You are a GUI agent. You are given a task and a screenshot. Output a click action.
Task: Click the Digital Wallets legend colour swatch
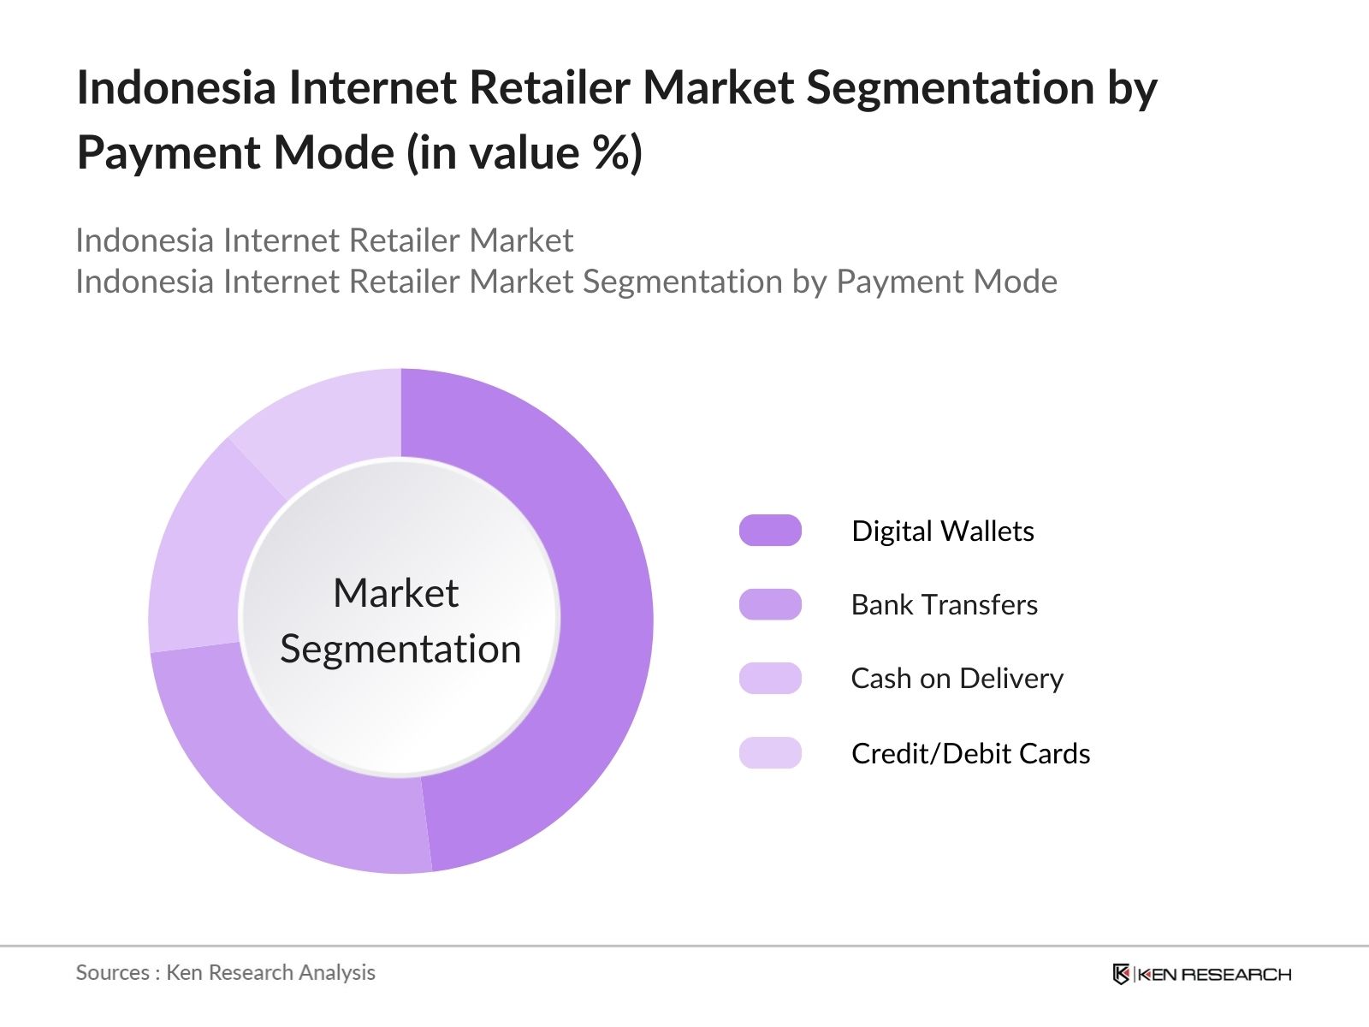(770, 530)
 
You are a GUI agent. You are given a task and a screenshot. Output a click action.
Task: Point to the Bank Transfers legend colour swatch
(770, 604)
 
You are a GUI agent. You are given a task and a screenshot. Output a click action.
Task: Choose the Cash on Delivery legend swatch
(770, 678)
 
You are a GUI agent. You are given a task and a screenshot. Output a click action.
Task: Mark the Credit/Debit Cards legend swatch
(770, 752)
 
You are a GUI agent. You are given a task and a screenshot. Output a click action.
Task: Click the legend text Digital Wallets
(942, 531)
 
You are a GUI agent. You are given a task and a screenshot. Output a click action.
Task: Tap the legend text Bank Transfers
(945, 605)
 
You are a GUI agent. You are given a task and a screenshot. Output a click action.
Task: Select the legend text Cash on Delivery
(957, 679)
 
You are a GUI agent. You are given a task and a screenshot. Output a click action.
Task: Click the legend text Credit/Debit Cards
(970, 753)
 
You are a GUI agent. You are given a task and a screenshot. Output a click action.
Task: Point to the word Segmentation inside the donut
(400, 650)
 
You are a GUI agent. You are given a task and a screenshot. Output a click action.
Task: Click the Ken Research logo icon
(1121, 974)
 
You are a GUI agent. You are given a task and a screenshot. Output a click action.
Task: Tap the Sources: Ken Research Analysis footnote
(225, 973)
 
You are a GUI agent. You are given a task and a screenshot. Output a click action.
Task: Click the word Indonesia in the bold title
(176, 87)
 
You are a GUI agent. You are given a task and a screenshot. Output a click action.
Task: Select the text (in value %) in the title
(524, 153)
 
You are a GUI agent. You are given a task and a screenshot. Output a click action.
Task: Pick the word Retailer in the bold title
(549, 87)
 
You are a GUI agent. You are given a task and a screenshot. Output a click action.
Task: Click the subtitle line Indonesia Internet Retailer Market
(324, 240)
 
